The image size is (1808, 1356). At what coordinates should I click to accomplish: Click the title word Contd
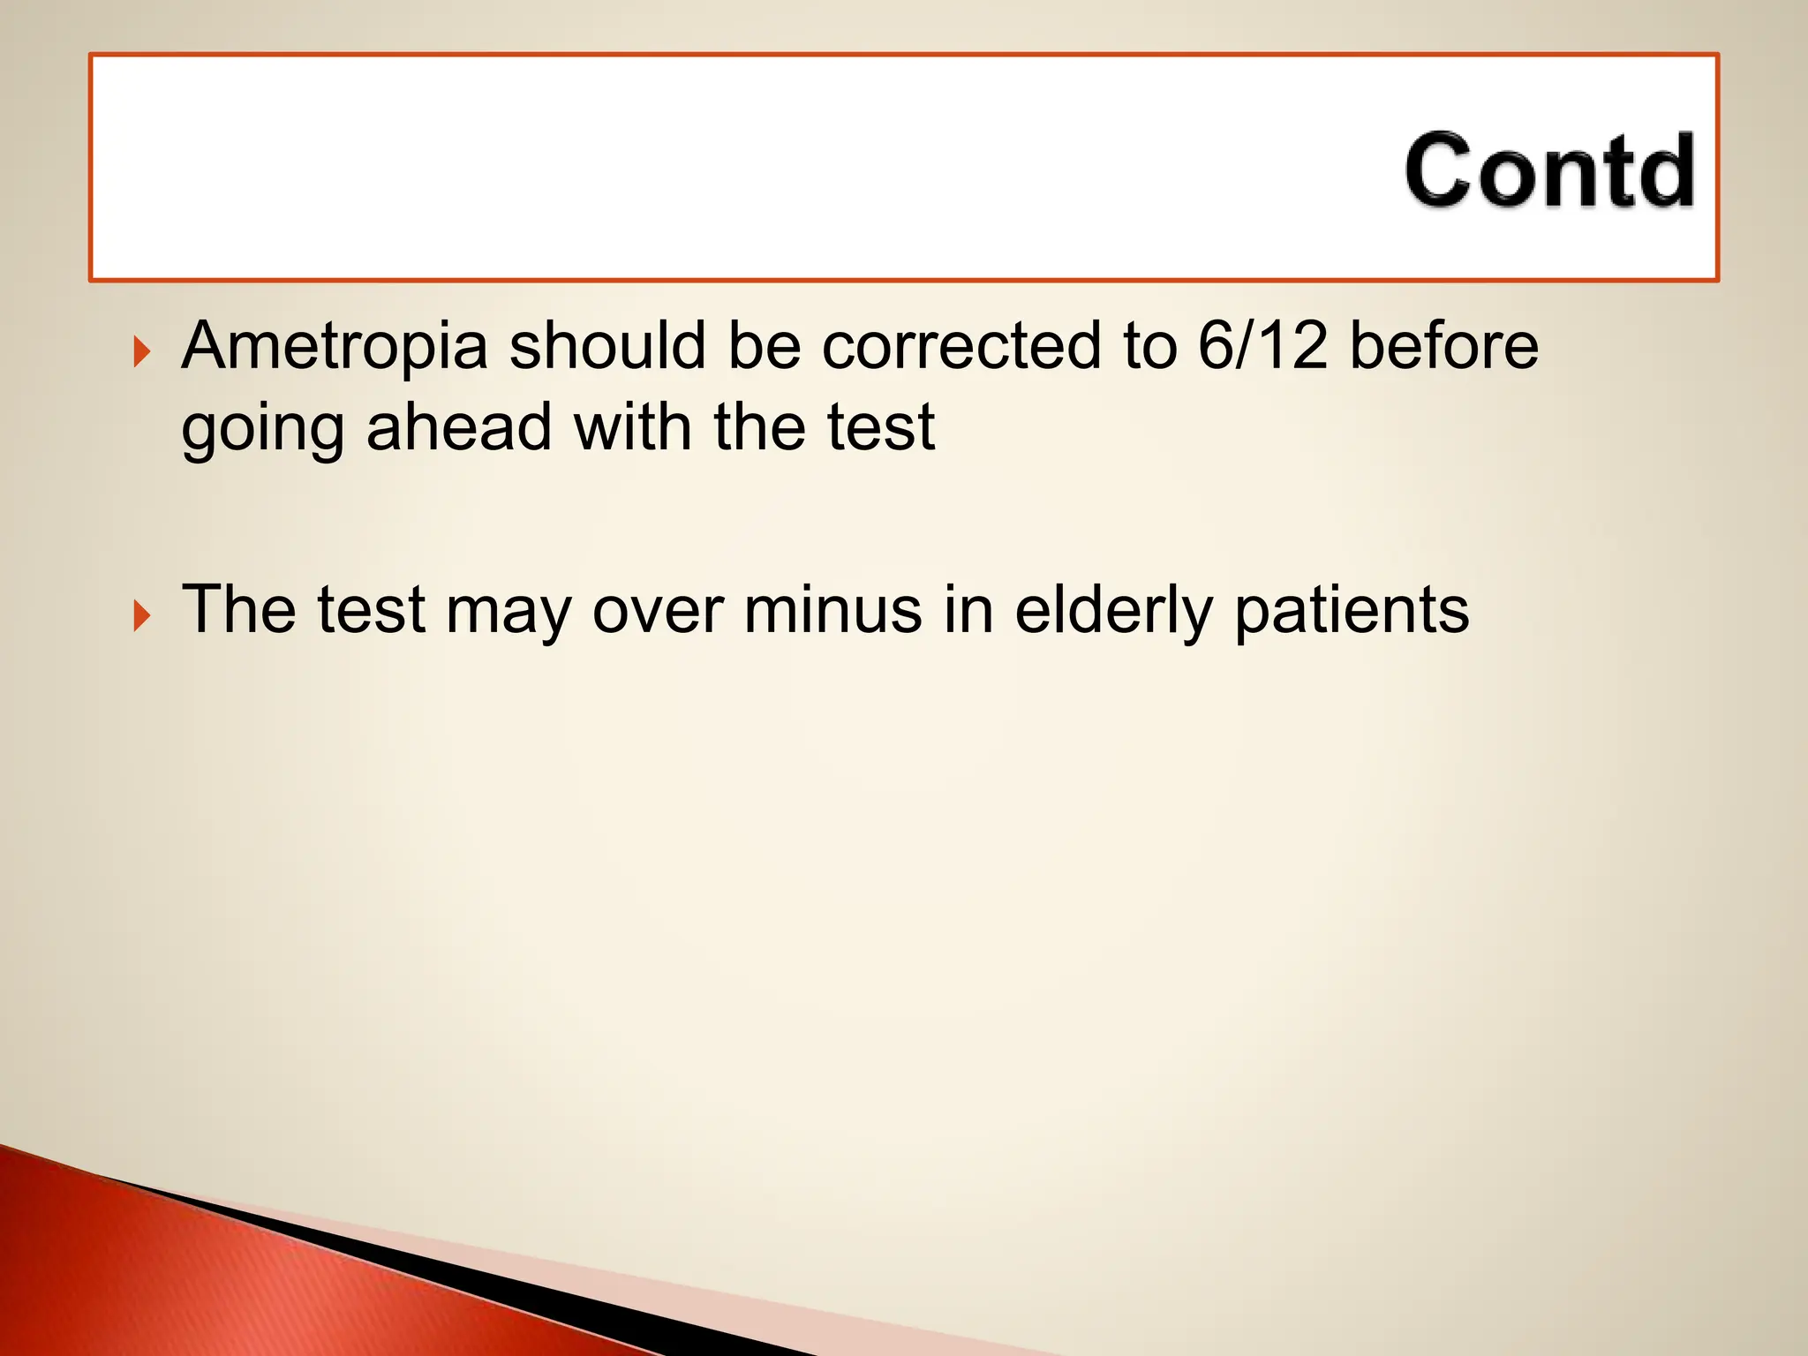1549,170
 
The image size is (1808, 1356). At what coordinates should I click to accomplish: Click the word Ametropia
335,346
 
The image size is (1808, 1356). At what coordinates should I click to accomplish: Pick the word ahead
459,427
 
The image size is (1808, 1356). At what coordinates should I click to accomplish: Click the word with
632,427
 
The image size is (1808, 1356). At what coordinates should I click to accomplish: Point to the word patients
1352,611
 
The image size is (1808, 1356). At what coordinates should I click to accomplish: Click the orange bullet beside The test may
141,615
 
